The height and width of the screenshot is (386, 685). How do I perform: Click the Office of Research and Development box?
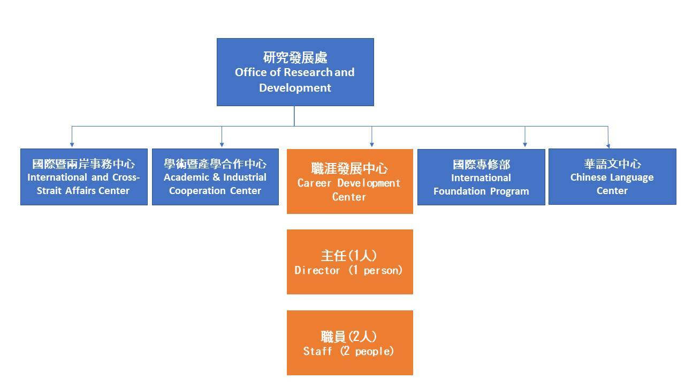click(295, 72)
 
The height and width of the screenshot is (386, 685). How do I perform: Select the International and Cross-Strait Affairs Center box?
click(83, 177)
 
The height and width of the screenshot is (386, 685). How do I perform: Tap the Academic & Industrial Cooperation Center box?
click(215, 177)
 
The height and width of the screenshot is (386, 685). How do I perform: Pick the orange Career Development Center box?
click(349, 181)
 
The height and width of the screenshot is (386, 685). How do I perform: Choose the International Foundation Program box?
click(481, 177)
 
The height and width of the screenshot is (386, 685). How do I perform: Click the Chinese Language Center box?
click(612, 177)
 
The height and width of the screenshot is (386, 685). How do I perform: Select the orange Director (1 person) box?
click(349, 262)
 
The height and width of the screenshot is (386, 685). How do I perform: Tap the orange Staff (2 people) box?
click(349, 343)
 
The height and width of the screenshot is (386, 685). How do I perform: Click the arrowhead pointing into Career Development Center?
click(372, 144)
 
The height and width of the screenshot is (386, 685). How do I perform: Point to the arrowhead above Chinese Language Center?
click(608, 145)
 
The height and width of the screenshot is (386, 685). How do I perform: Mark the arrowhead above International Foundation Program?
click(525, 144)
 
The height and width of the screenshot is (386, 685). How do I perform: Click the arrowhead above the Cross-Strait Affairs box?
click(72, 144)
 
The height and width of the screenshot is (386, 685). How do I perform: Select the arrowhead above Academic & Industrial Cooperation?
click(222, 144)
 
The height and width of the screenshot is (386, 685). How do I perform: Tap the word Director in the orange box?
click(317, 270)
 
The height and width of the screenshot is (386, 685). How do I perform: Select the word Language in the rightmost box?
click(631, 177)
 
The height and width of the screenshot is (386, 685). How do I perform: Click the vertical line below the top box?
click(294, 116)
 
